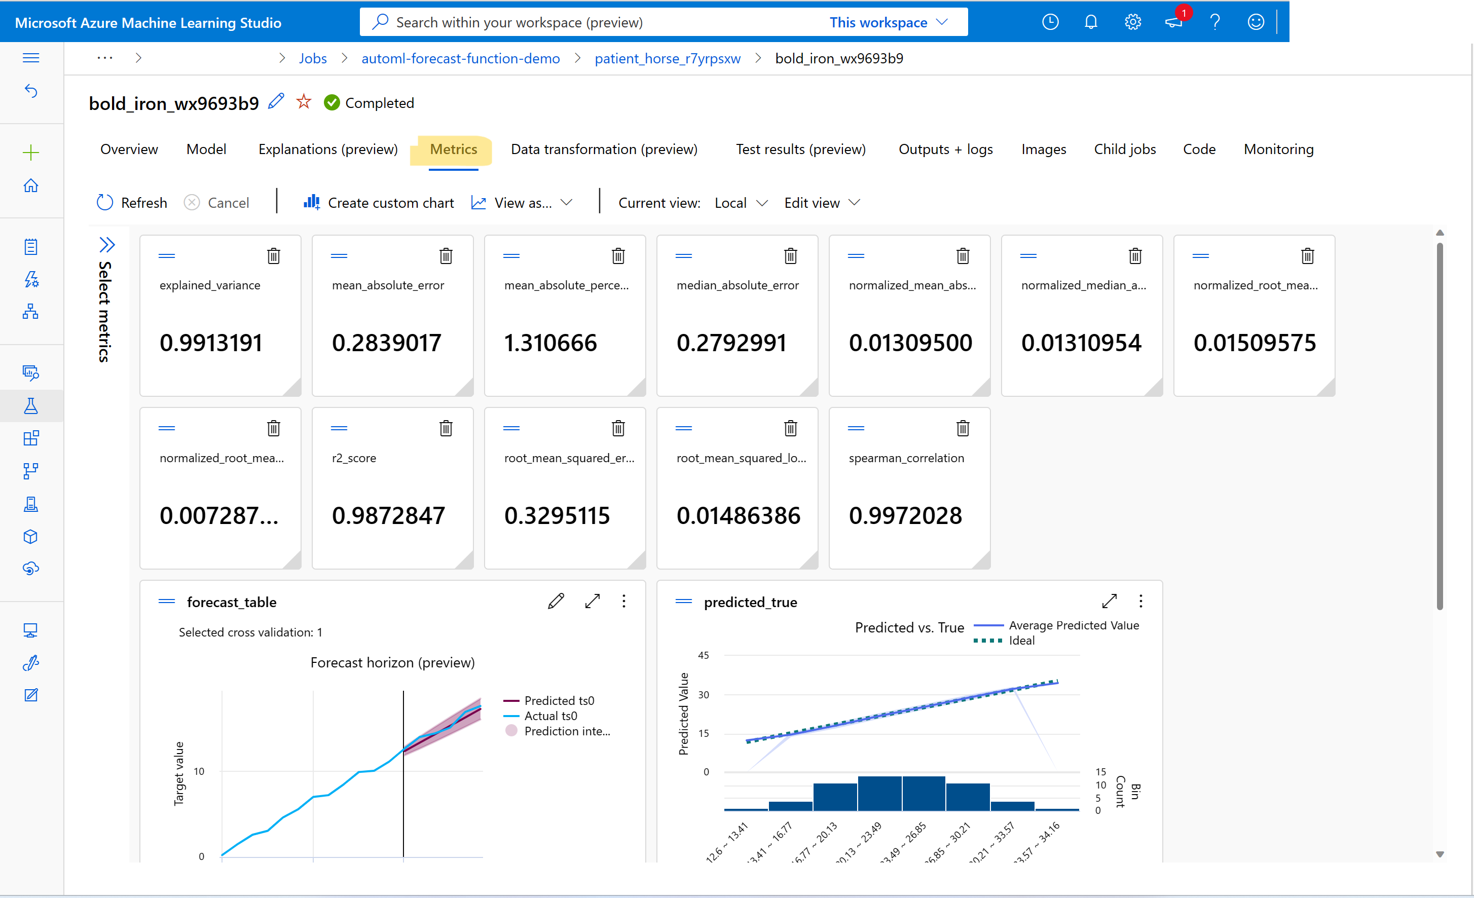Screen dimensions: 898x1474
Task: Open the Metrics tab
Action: pos(453,149)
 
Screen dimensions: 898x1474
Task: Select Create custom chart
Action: pos(379,203)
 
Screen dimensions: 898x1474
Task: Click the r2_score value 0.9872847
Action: pos(388,516)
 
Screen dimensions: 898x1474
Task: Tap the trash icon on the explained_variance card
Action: pos(273,256)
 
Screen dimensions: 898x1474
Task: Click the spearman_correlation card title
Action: pos(906,458)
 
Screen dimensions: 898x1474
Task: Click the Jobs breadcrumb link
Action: pos(313,59)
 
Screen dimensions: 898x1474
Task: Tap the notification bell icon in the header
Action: pos(1090,22)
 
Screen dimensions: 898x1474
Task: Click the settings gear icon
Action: pos(1132,22)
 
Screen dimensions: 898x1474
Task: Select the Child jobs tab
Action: pos(1124,149)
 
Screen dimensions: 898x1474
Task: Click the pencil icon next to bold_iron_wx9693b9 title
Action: pos(276,102)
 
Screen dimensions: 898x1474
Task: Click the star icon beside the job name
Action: pos(304,102)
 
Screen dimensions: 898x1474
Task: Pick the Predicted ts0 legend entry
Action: pos(558,700)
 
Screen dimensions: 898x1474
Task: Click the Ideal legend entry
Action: pos(1021,640)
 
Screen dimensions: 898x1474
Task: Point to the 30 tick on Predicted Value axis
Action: pos(704,695)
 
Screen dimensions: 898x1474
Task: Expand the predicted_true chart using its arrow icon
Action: pos(1109,601)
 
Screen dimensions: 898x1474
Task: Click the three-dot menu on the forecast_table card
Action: pos(624,601)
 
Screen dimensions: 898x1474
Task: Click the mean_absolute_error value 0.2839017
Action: pos(386,343)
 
